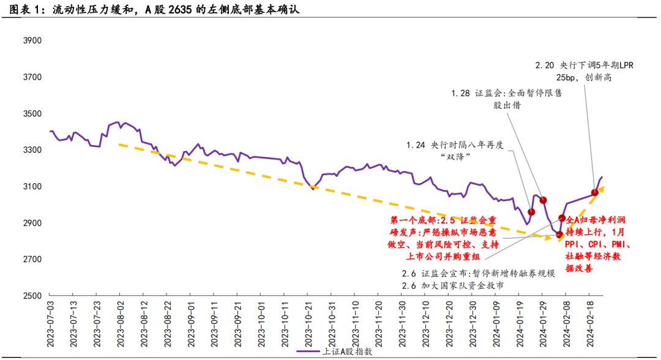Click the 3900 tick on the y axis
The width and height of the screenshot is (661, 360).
click(x=31, y=41)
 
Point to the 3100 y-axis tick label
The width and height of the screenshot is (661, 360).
click(x=31, y=187)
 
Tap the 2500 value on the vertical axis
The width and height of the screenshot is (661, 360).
click(x=31, y=296)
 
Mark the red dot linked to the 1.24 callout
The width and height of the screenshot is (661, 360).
click(x=531, y=212)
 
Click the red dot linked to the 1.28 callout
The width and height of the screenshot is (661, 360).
click(x=543, y=200)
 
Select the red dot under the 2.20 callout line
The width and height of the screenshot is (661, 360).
click(x=594, y=193)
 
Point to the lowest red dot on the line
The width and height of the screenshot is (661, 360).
click(x=559, y=234)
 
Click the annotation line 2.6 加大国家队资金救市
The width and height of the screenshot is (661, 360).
click(x=453, y=286)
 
